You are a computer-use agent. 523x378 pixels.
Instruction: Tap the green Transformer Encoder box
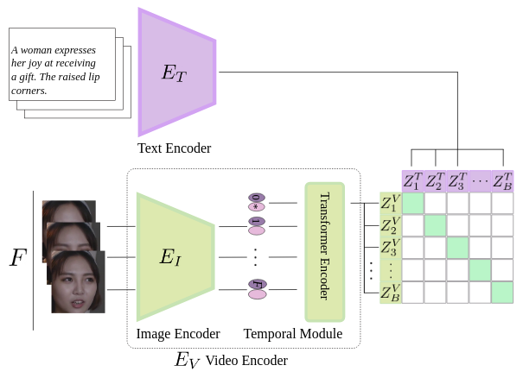pos(324,252)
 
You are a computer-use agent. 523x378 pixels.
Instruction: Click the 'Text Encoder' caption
pos(174,148)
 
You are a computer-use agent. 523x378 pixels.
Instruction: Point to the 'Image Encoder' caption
pos(178,334)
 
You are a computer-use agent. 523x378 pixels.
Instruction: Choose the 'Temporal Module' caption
pos(293,334)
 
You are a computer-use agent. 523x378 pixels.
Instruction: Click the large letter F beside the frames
pos(17,257)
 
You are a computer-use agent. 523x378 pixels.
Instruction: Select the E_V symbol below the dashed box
pos(187,360)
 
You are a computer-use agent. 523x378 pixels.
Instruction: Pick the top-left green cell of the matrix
pos(413,203)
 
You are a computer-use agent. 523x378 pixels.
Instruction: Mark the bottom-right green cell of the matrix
pos(502,292)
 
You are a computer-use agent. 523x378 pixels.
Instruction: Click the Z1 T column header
pos(412,181)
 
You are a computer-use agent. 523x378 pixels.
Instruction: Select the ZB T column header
pos(502,181)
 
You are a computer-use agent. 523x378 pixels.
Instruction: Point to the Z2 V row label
pos(391,225)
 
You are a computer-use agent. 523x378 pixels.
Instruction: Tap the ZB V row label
pos(391,292)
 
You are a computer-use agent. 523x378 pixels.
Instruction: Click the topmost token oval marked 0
pos(257,198)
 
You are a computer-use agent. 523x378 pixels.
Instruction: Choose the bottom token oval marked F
pos(257,284)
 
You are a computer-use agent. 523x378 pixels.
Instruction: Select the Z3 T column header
pos(457,181)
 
